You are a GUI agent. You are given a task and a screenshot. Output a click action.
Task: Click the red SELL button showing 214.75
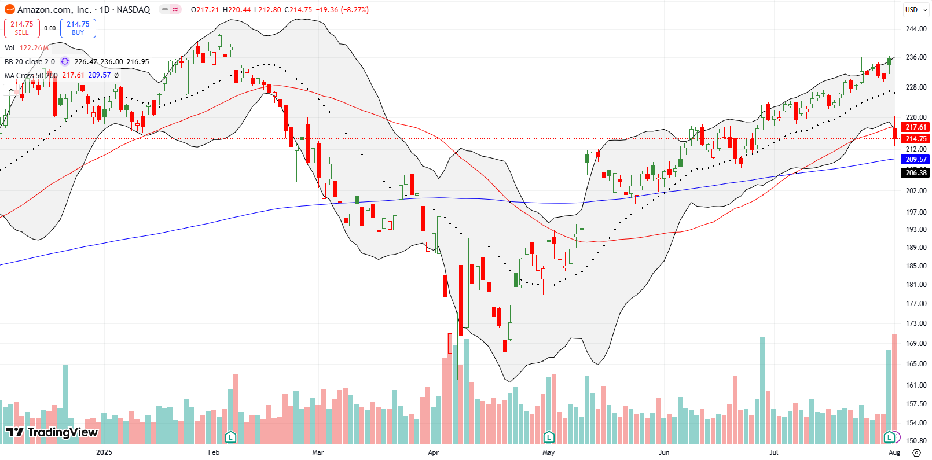click(22, 28)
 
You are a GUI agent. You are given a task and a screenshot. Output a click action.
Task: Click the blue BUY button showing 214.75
click(78, 28)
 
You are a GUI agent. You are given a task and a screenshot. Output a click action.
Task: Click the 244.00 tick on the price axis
click(916, 29)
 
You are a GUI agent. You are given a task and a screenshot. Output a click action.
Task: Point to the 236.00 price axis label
click(916, 57)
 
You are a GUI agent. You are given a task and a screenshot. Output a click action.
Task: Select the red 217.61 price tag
click(916, 127)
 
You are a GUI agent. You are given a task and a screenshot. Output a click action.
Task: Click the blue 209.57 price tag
click(916, 159)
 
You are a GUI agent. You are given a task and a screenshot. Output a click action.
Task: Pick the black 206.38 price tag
click(916, 172)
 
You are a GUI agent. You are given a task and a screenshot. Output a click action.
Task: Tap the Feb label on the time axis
click(214, 452)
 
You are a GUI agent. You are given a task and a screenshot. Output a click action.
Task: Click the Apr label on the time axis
click(433, 452)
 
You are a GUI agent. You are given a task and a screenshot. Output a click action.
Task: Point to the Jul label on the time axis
click(773, 452)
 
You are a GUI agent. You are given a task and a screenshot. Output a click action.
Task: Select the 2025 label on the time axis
click(104, 452)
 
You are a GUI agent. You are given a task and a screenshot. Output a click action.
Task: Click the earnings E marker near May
click(549, 437)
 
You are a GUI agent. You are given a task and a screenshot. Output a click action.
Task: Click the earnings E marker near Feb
click(230, 437)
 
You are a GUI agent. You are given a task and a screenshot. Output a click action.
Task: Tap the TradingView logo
click(52, 432)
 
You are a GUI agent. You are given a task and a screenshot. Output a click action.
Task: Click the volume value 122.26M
click(34, 48)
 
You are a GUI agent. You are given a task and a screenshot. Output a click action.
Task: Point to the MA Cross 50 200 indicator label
click(31, 75)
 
